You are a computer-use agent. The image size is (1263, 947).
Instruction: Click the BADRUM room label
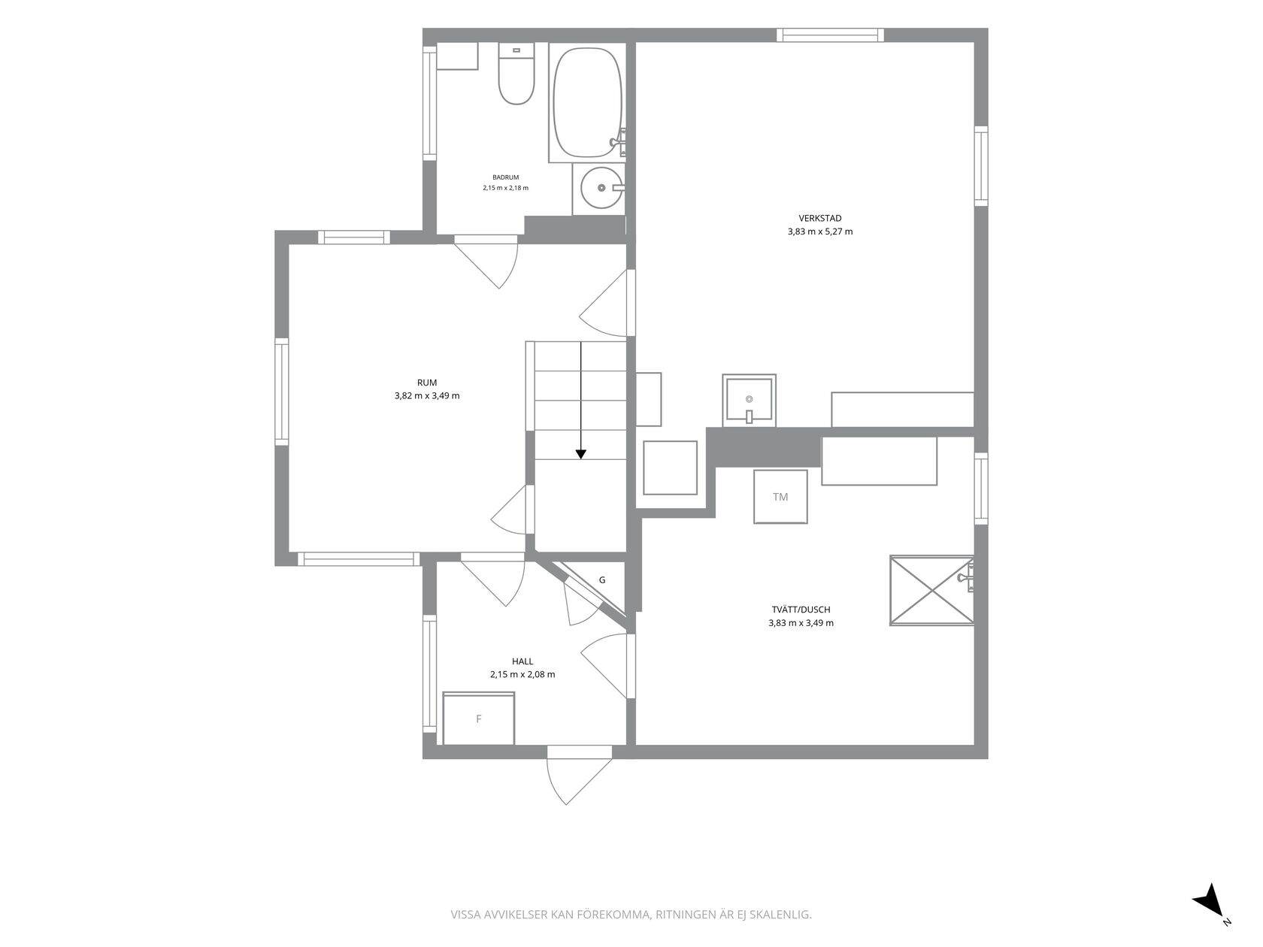505,177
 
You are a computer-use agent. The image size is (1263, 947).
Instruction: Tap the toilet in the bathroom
516,74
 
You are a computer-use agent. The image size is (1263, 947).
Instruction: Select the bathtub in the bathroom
587,102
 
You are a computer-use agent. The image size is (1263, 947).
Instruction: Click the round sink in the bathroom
601,187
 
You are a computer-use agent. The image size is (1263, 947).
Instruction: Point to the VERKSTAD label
820,219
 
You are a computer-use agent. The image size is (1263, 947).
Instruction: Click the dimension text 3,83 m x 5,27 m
820,231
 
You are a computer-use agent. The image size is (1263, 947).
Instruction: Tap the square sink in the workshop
749,400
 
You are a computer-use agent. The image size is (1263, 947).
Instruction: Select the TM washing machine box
780,497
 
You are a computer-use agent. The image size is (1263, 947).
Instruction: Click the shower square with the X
931,591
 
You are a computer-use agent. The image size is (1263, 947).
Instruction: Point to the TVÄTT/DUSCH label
801,610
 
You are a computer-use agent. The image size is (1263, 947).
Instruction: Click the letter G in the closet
602,580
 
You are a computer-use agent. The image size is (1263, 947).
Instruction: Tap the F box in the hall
479,719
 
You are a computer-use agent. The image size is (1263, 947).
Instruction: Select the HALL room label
522,661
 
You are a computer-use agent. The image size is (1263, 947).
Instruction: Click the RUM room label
427,383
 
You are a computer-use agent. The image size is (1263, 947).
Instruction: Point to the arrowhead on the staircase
580,454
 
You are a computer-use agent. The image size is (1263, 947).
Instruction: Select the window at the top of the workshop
830,35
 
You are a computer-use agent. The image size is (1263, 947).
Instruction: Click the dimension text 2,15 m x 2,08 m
522,674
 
